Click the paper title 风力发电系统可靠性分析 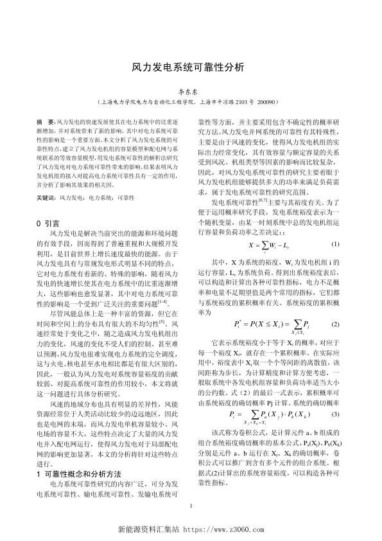point(191,67)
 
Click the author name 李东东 point(191,92)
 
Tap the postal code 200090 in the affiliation point(272,102)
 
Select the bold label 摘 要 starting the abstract point(46,121)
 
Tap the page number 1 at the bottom point(191,507)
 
